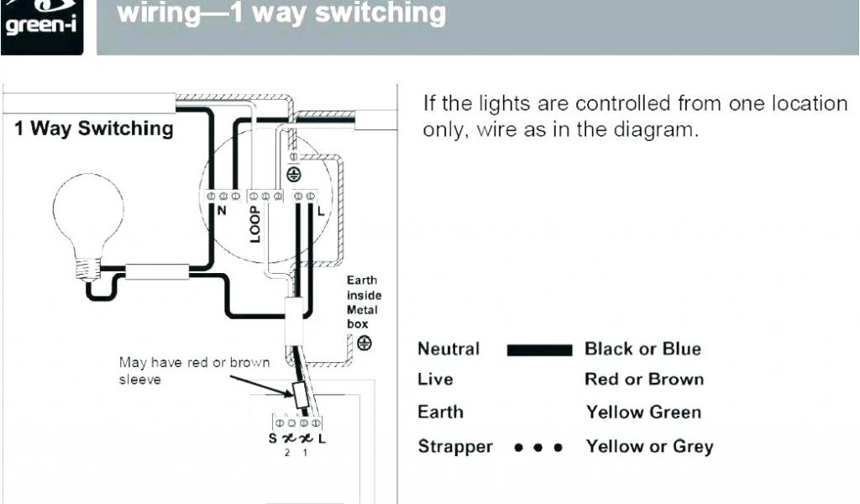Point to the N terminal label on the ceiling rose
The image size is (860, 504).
[x=222, y=211]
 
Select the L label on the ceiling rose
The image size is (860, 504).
[x=320, y=210]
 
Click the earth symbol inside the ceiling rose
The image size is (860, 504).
[x=293, y=174]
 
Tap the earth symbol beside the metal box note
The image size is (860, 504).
[x=364, y=343]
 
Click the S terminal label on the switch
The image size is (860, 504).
[x=273, y=438]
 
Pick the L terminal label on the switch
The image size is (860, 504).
[x=323, y=438]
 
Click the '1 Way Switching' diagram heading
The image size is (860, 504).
[x=93, y=129]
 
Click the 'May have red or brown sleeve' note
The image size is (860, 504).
[x=194, y=371]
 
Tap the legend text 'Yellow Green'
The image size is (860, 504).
[x=643, y=412]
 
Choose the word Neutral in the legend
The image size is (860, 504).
[x=448, y=349]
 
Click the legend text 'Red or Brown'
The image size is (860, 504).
[x=644, y=380]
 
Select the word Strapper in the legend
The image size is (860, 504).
[x=455, y=447]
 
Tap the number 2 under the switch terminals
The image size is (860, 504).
[x=286, y=453]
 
